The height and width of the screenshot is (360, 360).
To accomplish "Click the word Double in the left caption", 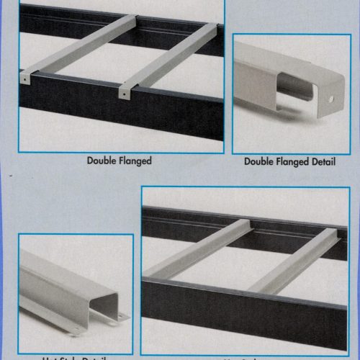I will pos(103,161).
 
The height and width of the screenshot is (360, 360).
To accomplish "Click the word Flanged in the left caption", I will pos(135,161).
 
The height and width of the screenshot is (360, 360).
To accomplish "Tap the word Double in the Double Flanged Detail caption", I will pos(259,162).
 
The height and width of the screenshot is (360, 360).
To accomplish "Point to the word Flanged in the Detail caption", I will pos(291,162).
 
